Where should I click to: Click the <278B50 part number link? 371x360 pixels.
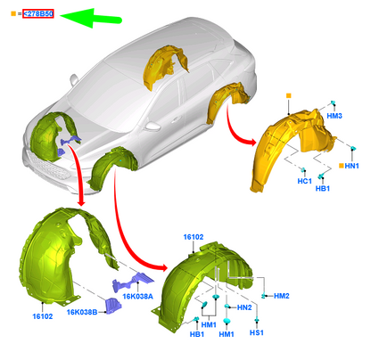click(38, 13)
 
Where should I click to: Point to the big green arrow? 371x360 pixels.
click(91, 19)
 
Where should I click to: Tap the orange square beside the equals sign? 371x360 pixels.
click(13, 13)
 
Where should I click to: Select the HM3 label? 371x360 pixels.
click(334, 116)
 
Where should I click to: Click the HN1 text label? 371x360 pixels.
click(351, 166)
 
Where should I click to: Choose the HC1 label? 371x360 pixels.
click(305, 181)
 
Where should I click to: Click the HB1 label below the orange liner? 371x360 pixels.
click(323, 188)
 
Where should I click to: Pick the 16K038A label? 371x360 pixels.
click(138, 296)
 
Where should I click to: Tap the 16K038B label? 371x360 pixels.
click(82, 312)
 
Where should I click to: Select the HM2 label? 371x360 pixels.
click(282, 296)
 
